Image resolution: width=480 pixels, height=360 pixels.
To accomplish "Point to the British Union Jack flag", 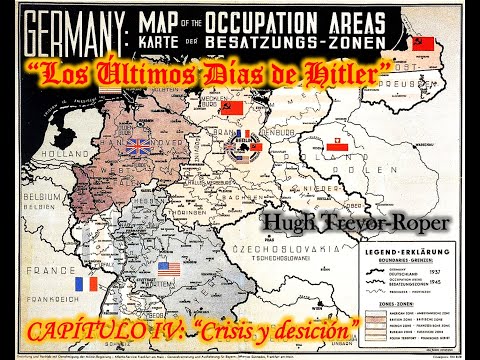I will click(110, 147).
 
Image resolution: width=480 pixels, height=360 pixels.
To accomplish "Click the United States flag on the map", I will click(169, 269).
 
